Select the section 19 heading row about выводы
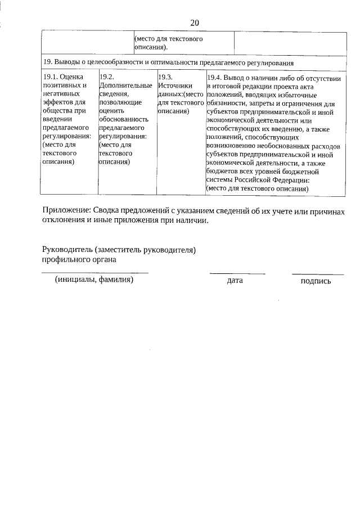(x=168, y=62)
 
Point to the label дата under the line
(x=235, y=280)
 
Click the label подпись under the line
(x=316, y=281)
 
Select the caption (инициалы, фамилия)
(x=94, y=280)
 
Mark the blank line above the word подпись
(x=317, y=274)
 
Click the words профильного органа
(x=79, y=259)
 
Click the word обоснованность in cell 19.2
(x=123, y=119)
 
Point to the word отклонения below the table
(x=64, y=220)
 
